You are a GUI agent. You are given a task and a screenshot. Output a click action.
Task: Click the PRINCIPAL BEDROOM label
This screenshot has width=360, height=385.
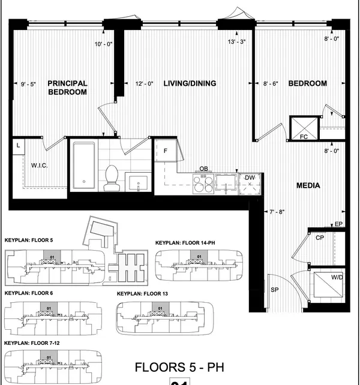tap(68, 88)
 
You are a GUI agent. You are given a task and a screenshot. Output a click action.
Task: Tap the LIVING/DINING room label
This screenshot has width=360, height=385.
tap(190, 83)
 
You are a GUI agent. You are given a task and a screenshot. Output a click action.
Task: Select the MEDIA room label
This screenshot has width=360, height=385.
tap(308, 185)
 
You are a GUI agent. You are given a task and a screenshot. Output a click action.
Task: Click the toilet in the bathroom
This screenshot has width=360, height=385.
tap(111, 178)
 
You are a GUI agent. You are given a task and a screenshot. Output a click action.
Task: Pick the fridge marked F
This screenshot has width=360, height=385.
tap(166, 151)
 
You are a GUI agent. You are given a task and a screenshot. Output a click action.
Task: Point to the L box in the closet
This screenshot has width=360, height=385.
tap(19, 145)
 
